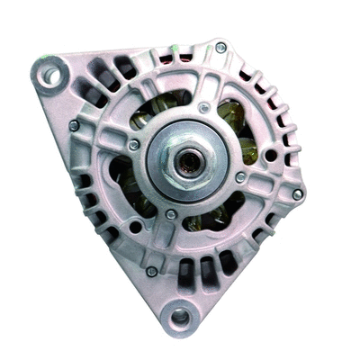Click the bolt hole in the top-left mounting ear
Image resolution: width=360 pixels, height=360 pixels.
coord(49,75)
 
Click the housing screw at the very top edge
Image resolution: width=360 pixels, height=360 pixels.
coord(220,48)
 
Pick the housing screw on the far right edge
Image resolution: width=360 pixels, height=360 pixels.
coord(297,193)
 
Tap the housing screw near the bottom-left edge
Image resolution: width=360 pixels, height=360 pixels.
coord(151,271)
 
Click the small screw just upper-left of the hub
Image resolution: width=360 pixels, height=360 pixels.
coord(134,144)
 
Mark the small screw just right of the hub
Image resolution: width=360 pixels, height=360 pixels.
coord(240,177)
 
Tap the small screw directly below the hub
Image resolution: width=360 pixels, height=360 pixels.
coord(171,214)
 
